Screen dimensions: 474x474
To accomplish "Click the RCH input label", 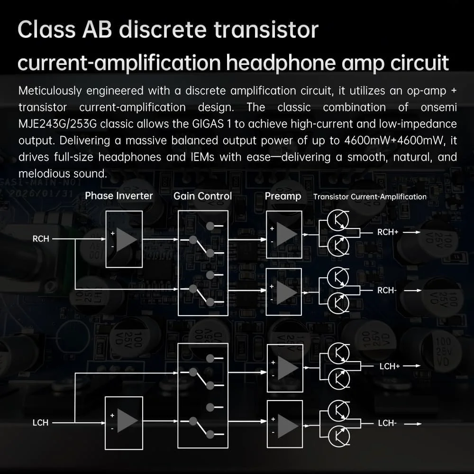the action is click(41, 239).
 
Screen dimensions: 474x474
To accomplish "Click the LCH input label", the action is click(40, 423).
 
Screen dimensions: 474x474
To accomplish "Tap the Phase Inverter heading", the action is click(119, 196).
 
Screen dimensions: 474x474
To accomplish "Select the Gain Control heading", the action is click(202, 196).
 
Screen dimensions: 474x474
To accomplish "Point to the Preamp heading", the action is click(283, 196).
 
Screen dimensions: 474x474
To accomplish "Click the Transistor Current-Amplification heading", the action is click(370, 197).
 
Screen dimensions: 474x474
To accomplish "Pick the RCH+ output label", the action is click(388, 232).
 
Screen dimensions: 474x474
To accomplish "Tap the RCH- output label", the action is click(387, 290).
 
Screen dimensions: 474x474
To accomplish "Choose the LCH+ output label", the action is click(390, 366).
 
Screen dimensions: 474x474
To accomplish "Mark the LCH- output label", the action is click(387, 423).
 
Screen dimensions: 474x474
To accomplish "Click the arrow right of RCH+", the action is click(412, 232).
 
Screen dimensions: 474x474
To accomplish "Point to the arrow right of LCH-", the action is click(413, 424).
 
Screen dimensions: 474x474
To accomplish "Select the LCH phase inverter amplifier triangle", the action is click(127, 421).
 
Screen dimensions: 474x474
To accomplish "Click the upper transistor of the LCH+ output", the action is click(338, 354).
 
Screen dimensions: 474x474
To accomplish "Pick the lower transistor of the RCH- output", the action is click(338, 303).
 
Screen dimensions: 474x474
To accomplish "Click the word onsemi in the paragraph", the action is click(438, 107).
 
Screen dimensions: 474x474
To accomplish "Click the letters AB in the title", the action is click(97, 29).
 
